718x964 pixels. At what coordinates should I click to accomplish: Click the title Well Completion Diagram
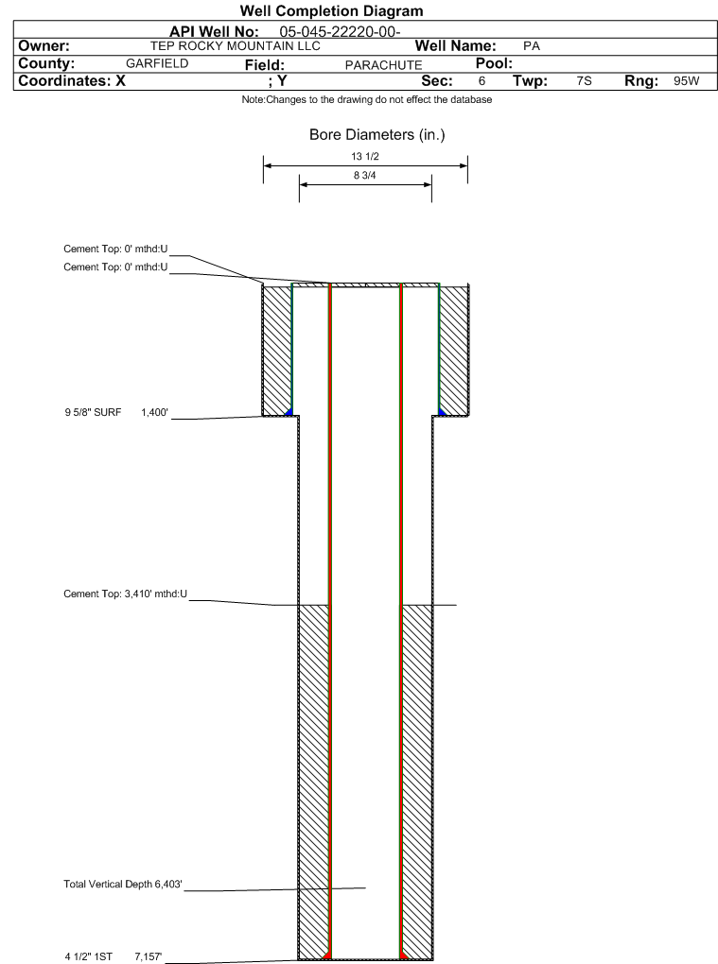click(331, 11)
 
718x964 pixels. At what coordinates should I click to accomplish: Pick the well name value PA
click(531, 45)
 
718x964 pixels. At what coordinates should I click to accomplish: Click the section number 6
click(482, 81)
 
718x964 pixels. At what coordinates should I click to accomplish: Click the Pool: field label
click(492, 63)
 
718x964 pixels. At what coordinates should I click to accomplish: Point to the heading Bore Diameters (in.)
click(377, 135)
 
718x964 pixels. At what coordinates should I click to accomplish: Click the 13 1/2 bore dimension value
click(364, 157)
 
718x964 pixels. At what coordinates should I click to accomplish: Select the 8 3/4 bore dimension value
click(364, 176)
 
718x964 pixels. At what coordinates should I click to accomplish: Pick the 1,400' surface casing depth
click(154, 412)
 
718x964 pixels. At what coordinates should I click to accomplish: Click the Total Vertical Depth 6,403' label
click(121, 885)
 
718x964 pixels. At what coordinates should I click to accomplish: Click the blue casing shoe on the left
click(288, 410)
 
